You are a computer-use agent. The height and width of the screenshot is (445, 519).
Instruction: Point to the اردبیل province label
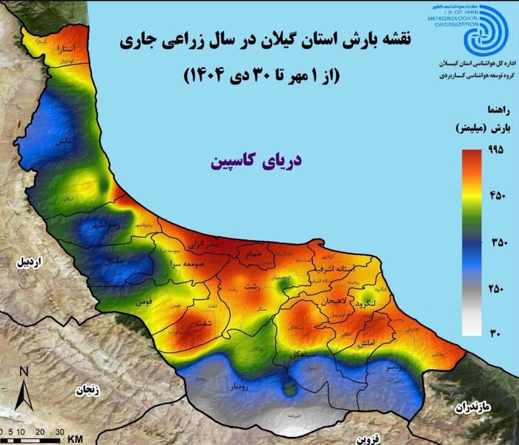[33, 262]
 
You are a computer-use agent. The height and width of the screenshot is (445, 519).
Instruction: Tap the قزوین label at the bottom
[366, 439]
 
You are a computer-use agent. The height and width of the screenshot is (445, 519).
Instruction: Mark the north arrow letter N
[24, 371]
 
